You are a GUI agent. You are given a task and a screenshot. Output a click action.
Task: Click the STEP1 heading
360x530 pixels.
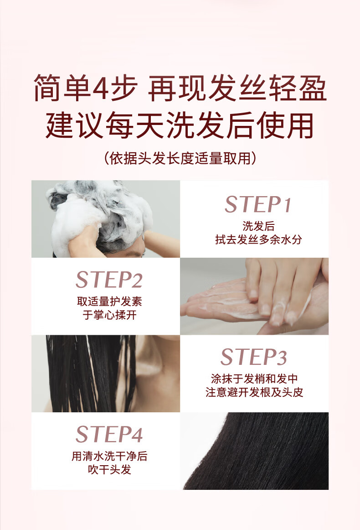(257, 204)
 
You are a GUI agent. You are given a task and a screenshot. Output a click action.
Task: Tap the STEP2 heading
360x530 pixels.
(109, 280)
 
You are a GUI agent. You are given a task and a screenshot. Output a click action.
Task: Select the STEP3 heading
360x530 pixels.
(254, 357)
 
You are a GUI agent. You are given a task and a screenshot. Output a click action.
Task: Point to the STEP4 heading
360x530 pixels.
(109, 434)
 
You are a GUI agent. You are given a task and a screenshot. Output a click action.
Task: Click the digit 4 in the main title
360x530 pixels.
(100, 88)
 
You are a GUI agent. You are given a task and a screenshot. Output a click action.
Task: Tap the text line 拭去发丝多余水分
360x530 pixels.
(258, 239)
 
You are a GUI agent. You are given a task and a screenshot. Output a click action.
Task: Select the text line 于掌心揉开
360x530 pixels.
(109, 315)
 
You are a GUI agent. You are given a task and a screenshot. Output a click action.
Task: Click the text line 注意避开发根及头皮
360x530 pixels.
(254, 392)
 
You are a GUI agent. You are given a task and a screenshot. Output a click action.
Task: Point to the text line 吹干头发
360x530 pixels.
(109, 469)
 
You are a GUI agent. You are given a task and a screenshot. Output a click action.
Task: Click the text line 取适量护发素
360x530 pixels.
(109, 301)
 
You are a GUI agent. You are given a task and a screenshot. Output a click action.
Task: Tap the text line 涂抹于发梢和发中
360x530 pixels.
(254, 379)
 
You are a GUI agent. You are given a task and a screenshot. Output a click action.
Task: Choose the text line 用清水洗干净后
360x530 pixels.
(109, 456)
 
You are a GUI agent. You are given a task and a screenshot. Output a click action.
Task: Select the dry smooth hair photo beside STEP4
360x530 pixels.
(254, 451)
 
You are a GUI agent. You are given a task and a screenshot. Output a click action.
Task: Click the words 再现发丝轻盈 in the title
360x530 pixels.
(237, 88)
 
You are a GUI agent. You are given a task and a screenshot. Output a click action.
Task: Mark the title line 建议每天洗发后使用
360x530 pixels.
(180, 125)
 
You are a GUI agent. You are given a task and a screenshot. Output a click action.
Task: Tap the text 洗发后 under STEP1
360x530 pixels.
(258, 226)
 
